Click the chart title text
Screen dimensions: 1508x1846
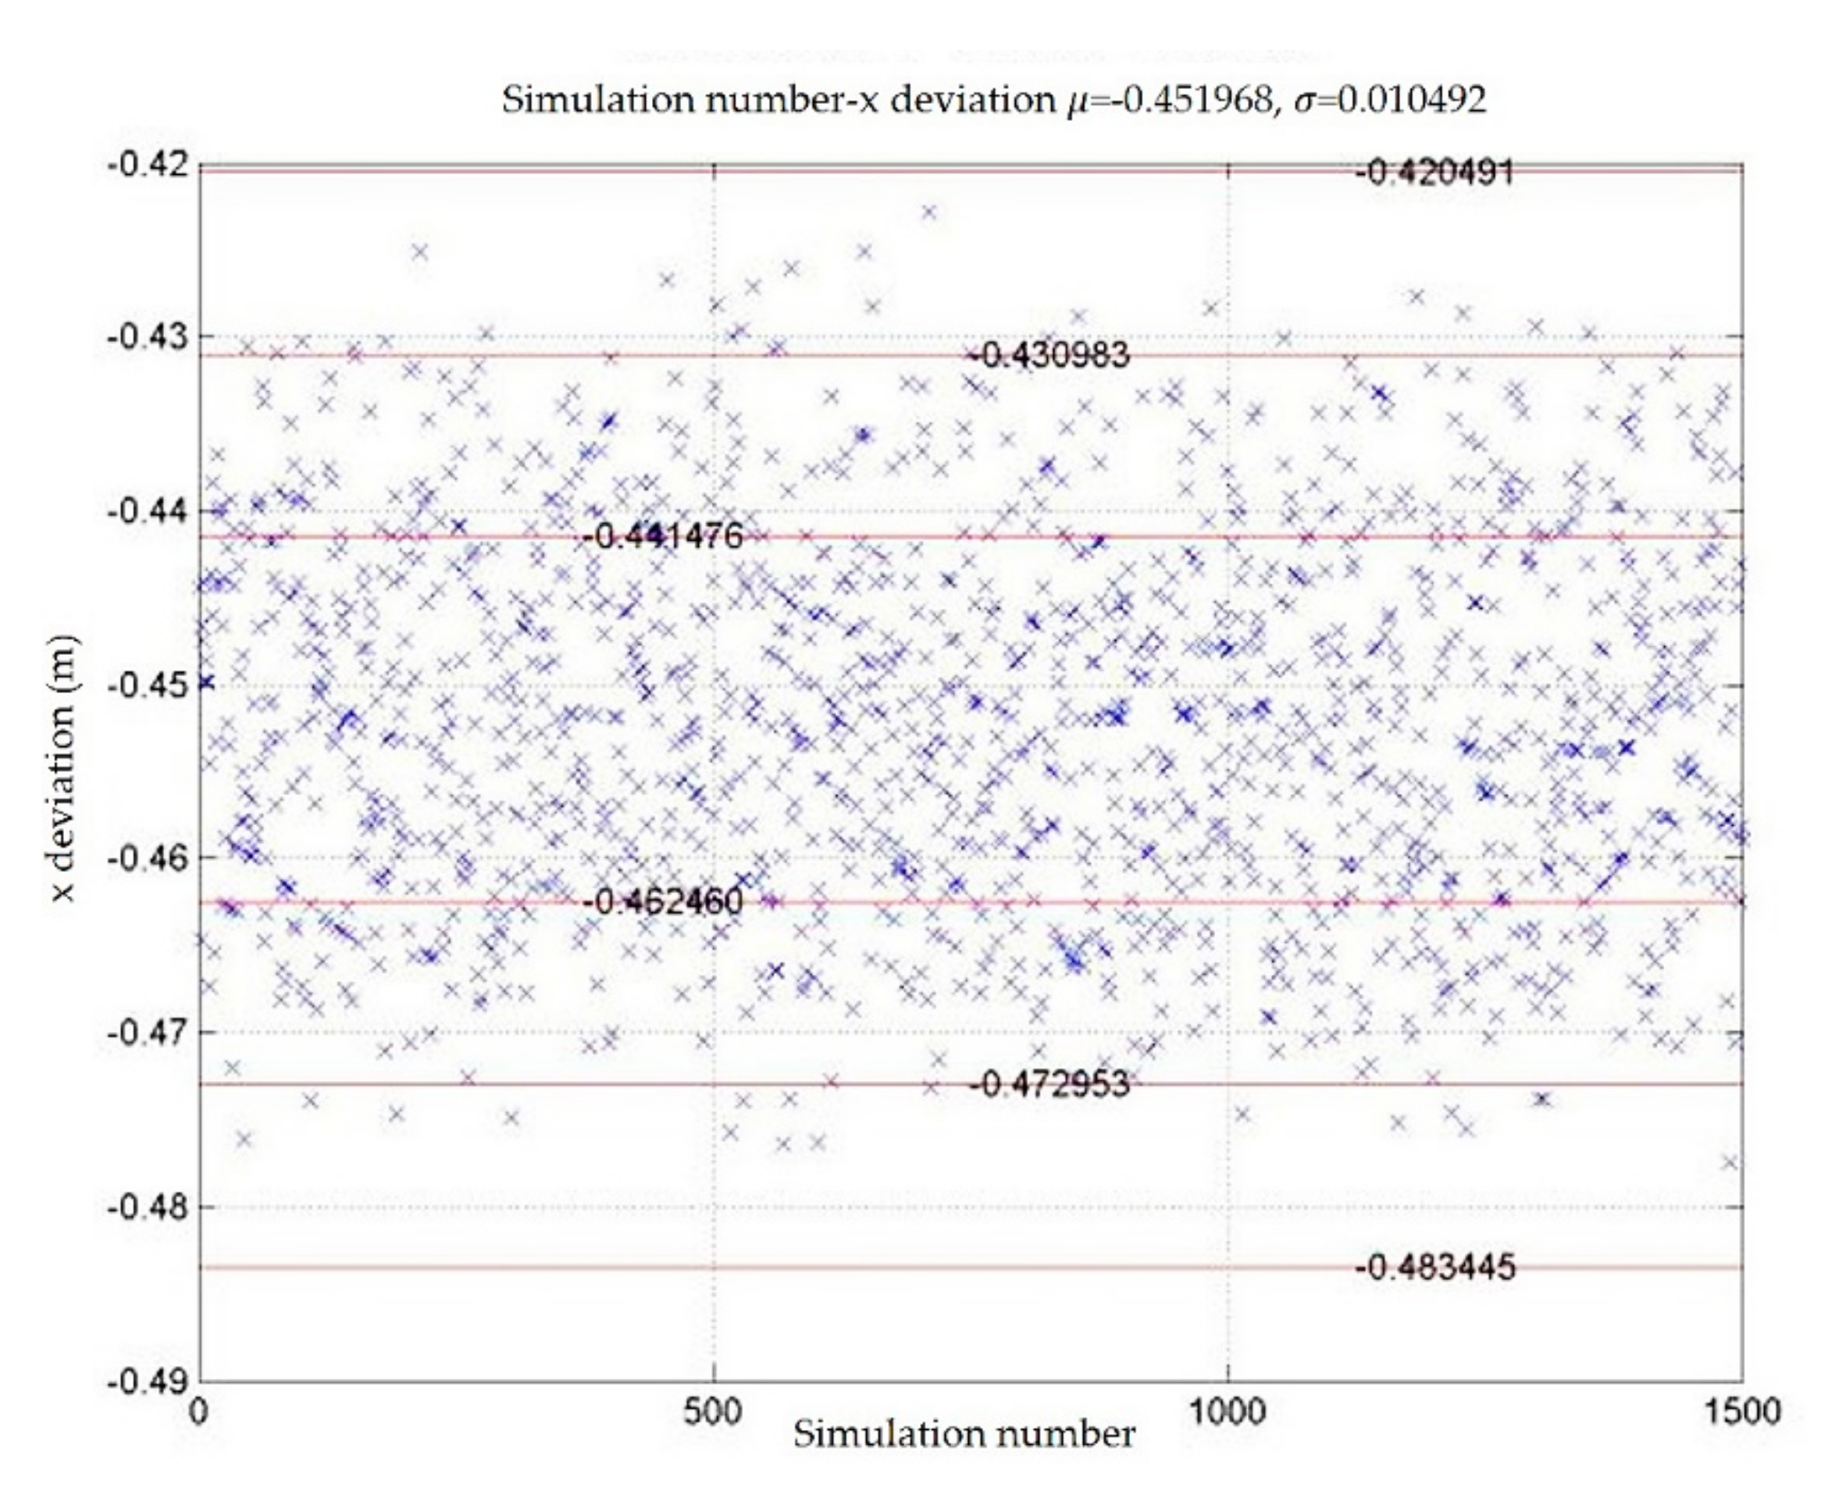tap(993, 100)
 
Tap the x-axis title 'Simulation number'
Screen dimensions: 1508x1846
tap(964, 1434)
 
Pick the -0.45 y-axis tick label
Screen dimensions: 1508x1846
tap(147, 685)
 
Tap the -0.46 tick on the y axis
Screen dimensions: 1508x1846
tap(147, 859)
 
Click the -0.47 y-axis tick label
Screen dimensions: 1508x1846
tap(147, 1033)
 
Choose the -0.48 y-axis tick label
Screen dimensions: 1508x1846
tap(147, 1207)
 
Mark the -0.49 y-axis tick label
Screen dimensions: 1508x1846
tap(147, 1380)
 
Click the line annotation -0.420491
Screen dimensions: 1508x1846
tap(1435, 172)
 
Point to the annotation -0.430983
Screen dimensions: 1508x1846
tap(1050, 354)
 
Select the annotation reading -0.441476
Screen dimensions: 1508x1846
tap(663, 536)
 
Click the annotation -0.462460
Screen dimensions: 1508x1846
tap(663, 902)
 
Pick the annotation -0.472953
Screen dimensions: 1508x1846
tap(1050, 1084)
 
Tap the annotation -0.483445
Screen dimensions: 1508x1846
tap(1435, 1268)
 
